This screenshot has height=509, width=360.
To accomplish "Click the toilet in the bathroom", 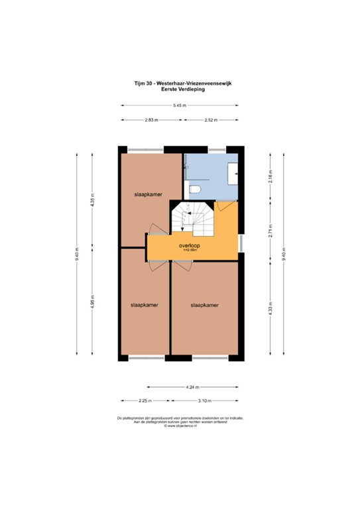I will pos(194,190).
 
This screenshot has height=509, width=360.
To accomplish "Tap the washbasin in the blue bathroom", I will pos(234,173).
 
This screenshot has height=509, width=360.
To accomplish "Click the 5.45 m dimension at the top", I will pos(179,105).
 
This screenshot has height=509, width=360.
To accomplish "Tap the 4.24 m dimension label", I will pos(192,386).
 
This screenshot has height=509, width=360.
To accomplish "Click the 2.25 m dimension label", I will pos(145,401).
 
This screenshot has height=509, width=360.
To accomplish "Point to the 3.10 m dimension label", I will pos(205,401).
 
